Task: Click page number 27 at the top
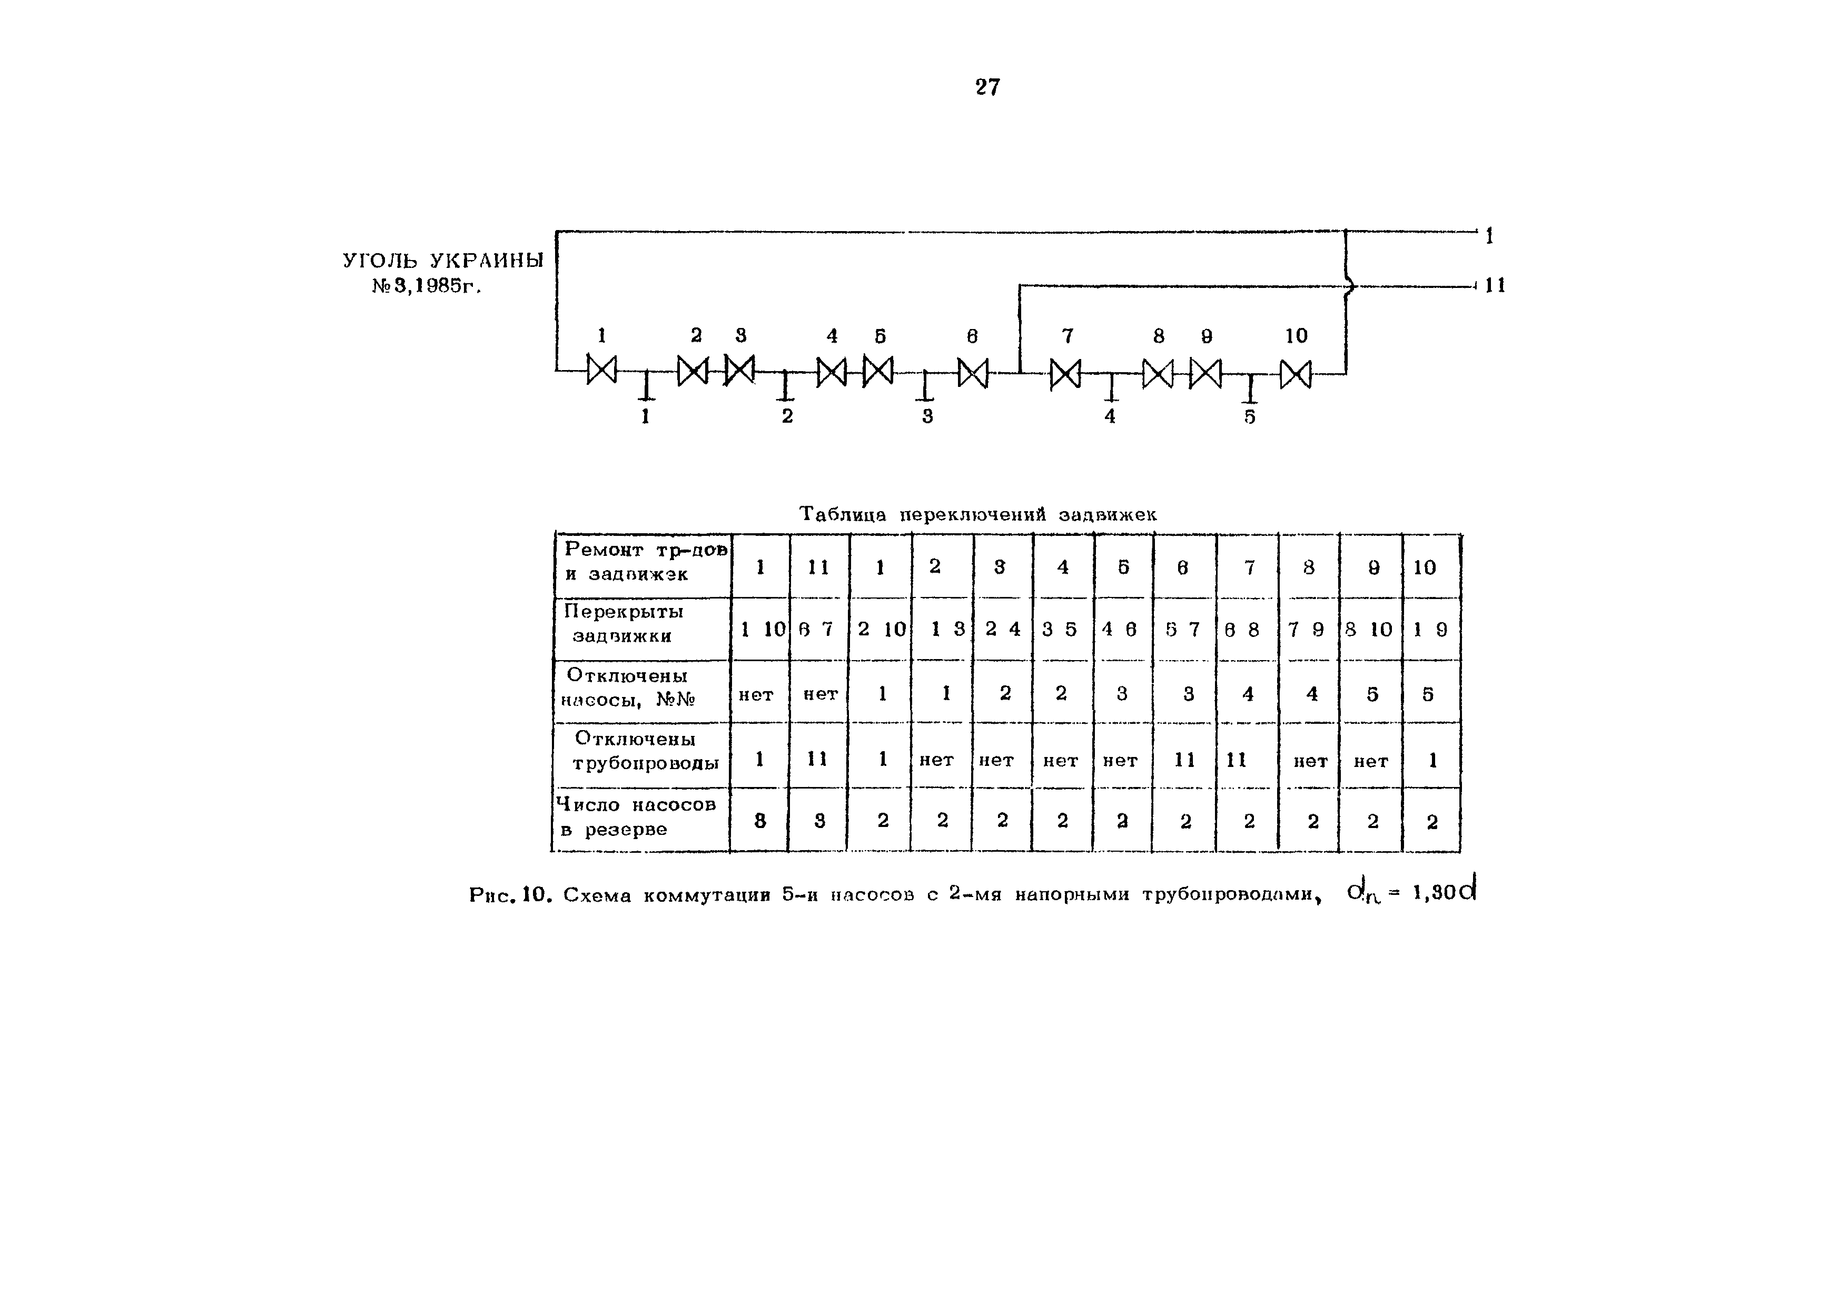coord(987,87)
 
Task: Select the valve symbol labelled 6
coord(972,373)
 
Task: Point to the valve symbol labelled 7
coord(1065,374)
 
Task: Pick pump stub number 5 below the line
coord(1249,390)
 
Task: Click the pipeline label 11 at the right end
coord(1495,286)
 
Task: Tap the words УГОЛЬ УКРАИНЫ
coord(443,261)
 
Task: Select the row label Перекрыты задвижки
coord(623,624)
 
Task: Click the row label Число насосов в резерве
coord(636,817)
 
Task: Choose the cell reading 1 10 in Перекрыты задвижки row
coord(760,629)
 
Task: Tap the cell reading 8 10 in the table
coord(1369,629)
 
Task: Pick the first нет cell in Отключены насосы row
coord(756,694)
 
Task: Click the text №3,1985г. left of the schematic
coord(427,286)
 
